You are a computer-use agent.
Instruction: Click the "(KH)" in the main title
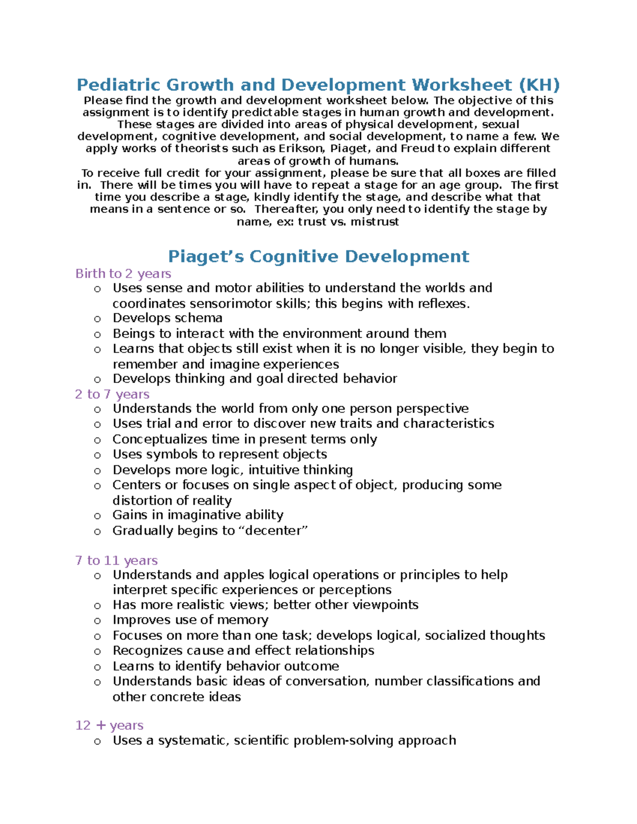(x=539, y=85)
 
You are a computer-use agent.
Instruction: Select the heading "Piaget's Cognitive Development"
(x=318, y=257)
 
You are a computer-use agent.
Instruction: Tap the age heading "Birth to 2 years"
(x=123, y=274)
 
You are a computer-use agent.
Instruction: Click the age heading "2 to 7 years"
(x=112, y=394)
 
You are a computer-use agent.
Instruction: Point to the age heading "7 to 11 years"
(x=116, y=561)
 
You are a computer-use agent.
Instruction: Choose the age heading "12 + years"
(x=109, y=725)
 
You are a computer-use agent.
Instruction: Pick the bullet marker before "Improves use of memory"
(x=97, y=621)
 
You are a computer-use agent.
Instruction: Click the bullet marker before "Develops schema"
(x=97, y=319)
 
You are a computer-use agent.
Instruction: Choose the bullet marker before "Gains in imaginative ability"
(x=97, y=516)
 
